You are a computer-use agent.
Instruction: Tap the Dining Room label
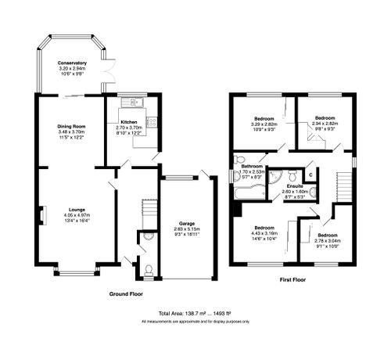click(70, 126)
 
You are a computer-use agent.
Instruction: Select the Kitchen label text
click(130, 121)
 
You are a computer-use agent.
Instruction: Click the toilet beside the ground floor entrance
click(149, 270)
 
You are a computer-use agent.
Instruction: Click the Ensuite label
click(292, 185)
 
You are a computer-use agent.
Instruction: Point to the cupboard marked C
click(310, 174)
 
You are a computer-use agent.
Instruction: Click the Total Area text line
click(195, 311)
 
